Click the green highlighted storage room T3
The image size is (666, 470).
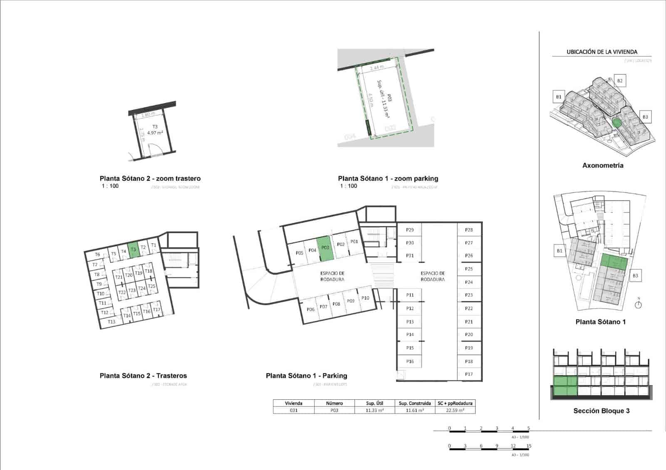point(133,250)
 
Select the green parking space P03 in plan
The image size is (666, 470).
point(326,249)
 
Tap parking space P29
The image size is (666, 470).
point(410,230)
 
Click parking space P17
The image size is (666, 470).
point(469,374)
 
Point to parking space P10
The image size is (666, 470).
point(365,298)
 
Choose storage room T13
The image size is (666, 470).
point(112,322)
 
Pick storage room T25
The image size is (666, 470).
point(152,286)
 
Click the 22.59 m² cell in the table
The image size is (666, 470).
point(455,410)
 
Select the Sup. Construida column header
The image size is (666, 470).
point(415,403)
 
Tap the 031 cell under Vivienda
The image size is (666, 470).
point(293,410)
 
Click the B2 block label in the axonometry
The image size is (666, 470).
point(620,81)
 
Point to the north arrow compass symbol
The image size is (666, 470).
point(639,304)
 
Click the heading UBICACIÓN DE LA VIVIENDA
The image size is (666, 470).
point(602,52)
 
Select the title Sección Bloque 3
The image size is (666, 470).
point(601,411)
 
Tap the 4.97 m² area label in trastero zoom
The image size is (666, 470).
point(155,133)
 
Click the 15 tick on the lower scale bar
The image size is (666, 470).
point(529,446)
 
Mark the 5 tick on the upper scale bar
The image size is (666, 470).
point(529,428)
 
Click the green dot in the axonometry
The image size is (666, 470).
point(617,123)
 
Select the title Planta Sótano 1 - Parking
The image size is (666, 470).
point(306,376)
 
